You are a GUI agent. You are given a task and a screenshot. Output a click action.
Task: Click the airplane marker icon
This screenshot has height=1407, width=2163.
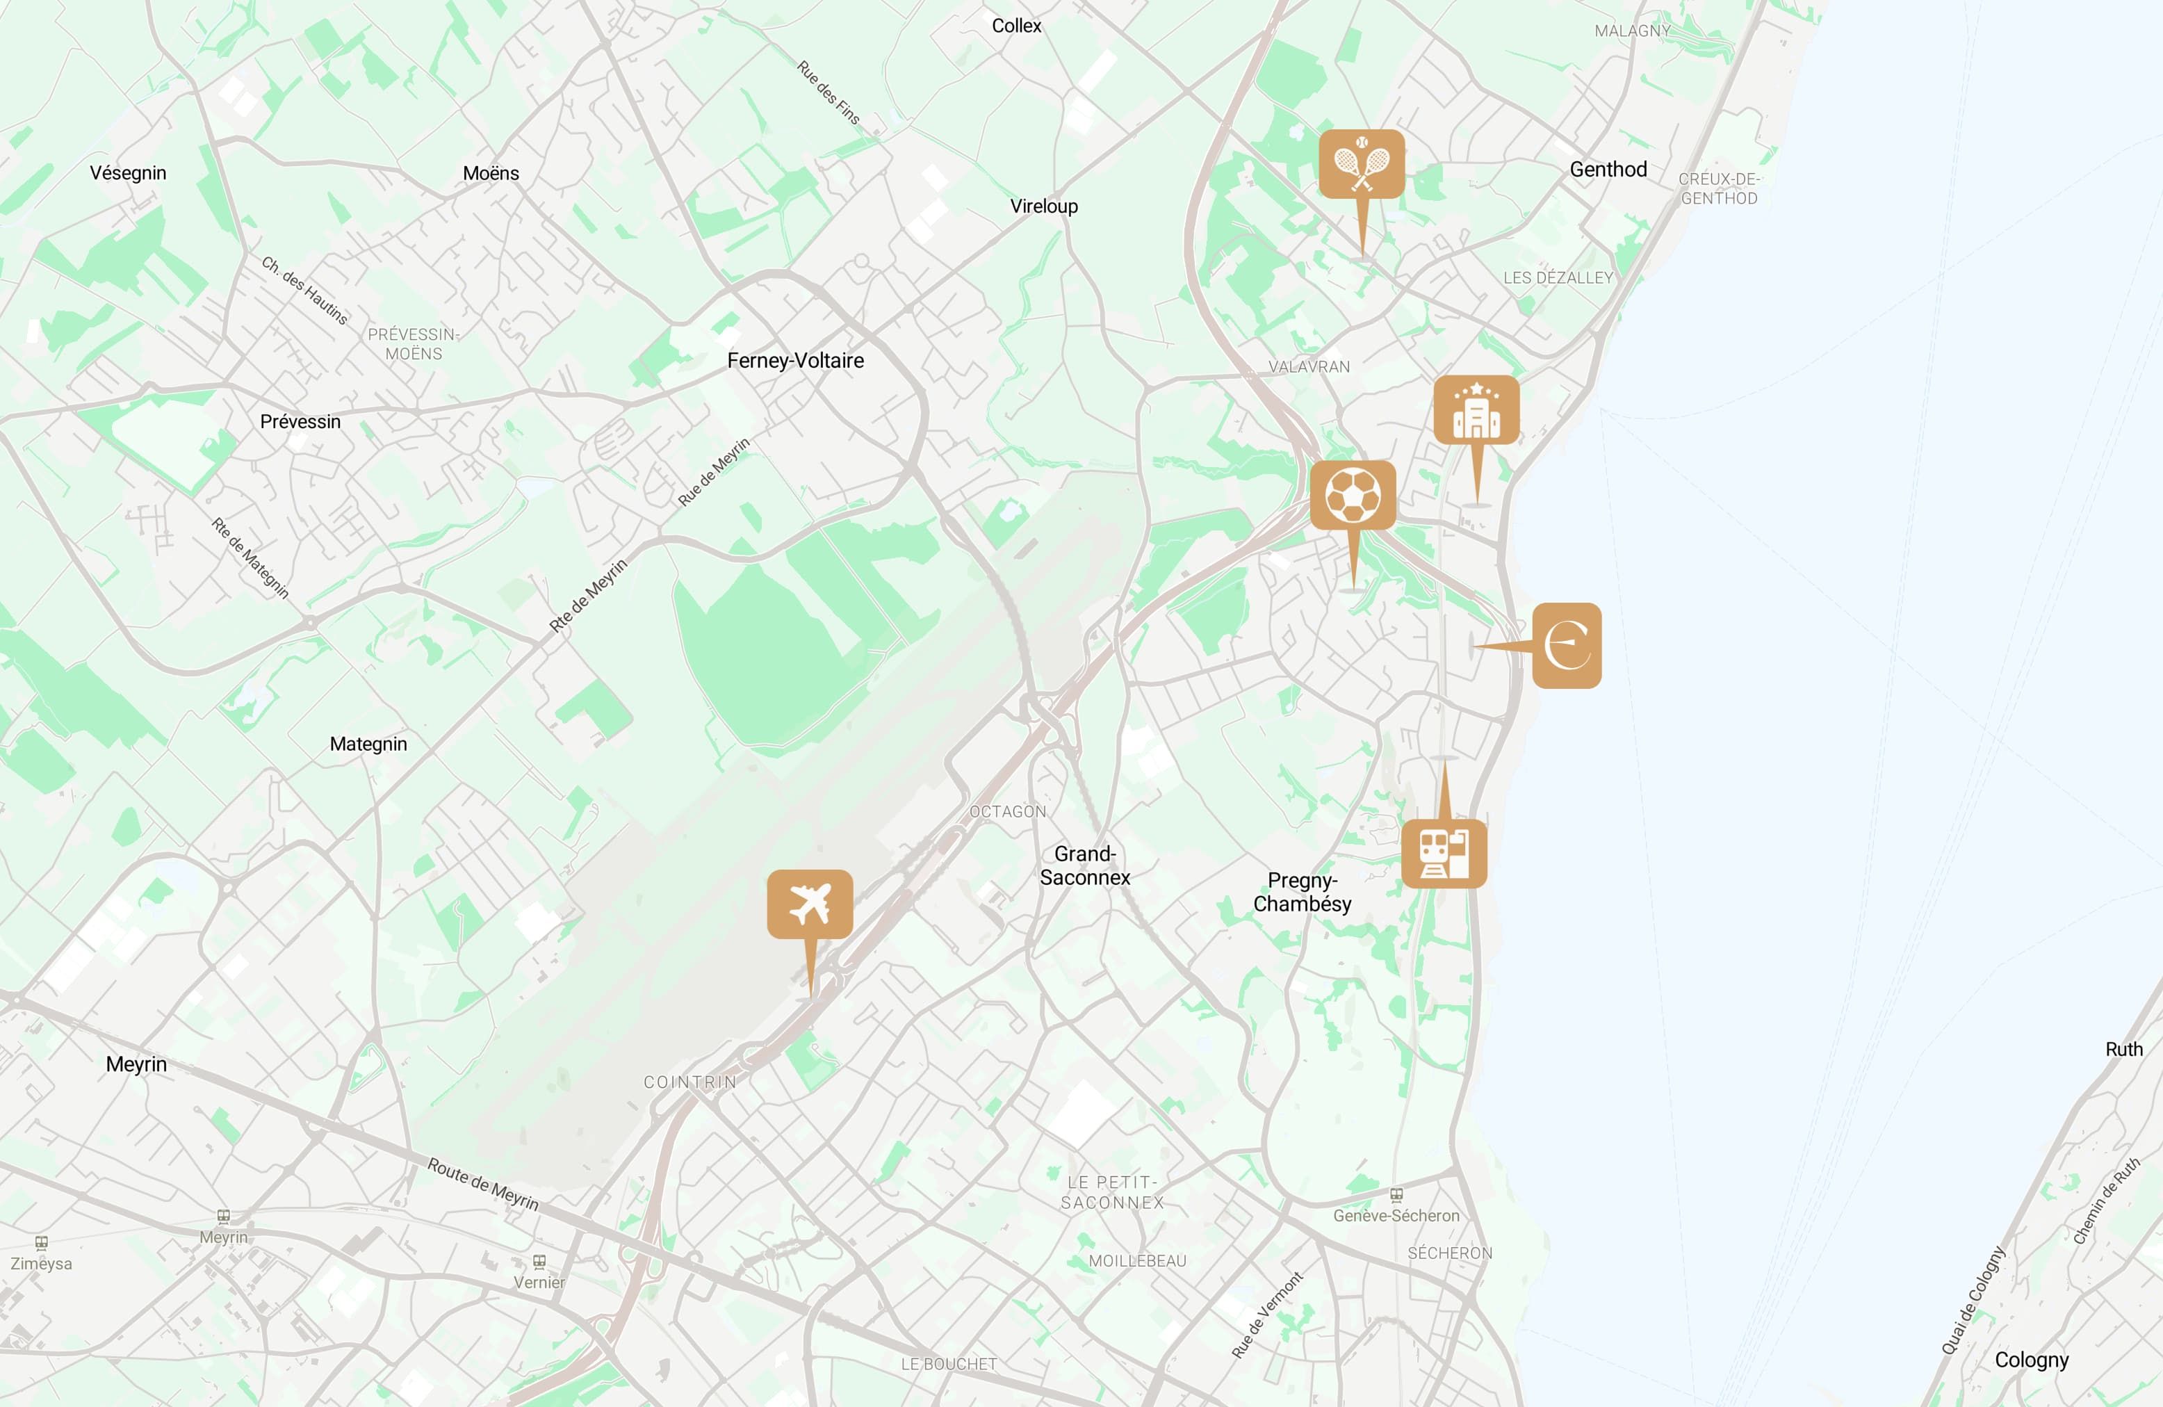click(x=810, y=904)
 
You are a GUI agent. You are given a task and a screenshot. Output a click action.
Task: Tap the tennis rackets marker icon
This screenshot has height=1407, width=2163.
click(x=1362, y=163)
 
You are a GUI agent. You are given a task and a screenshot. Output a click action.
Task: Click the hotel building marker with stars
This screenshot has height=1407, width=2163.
click(x=1476, y=410)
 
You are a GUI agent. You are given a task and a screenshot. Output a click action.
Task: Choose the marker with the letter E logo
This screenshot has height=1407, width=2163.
click(x=1567, y=645)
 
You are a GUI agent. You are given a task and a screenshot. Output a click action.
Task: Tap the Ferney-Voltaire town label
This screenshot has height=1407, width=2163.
click(x=795, y=361)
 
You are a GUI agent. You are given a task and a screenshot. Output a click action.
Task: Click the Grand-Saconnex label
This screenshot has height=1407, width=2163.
click(x=1085, y=865)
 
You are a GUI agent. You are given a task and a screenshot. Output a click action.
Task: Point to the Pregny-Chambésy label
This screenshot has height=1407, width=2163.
click(x=1303, y=892)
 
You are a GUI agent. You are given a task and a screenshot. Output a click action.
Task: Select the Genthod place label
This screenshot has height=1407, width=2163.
click(x=1608, y=169)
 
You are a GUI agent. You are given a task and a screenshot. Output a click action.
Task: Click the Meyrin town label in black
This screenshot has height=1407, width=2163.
click(x=136, y=1064)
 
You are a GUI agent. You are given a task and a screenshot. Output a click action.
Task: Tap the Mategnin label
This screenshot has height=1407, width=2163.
click(x=368, y=744)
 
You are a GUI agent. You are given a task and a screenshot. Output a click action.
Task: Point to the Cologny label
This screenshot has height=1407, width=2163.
click(x=2031, y=1360)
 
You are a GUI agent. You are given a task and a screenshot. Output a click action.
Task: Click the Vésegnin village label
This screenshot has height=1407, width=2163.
click(x=128, y=172)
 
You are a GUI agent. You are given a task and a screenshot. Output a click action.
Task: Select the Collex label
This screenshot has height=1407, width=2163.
click(x=1016, y=26)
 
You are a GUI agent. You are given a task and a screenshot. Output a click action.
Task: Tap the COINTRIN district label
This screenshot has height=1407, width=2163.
click(x=689, y=1082)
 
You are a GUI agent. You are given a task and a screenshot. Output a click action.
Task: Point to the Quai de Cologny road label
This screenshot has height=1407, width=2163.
click(x=1973, y=1301)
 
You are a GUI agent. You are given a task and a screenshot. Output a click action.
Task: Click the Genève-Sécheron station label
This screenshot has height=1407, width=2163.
click(x=1396, y=1215)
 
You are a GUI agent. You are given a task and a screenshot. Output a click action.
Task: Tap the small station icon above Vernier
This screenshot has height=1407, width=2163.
click(x=539, y=1262)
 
